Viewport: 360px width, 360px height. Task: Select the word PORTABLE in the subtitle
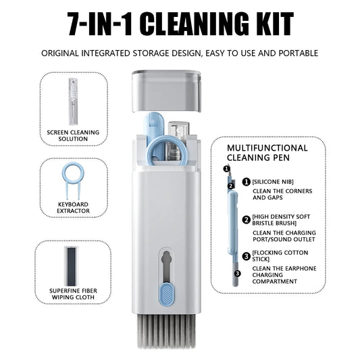pyautogui.click(x=299, y=53)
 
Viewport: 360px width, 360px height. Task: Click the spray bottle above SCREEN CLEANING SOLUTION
pyautogui.click(x=73, y=101)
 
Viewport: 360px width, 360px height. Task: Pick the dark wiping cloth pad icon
pyautogui.click(x=72, y=265)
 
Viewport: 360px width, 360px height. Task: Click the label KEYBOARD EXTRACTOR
pyautogui.click(x=73, y=207)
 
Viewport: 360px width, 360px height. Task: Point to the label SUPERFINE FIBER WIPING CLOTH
pyautogui.click(x=73, y=294)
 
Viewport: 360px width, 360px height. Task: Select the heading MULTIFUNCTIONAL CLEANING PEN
pyautogui.click(x=267, y=153)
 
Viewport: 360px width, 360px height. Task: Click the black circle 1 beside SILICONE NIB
pyautogui.click(x=246, y=182)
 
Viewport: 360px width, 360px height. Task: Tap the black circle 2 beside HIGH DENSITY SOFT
pyautogui.click(x=246, y=220)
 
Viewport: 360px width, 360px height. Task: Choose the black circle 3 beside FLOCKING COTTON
pyautogui.click(x=246, y=256)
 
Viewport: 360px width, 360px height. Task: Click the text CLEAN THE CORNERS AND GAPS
pyautogui.click(x=282, y=195)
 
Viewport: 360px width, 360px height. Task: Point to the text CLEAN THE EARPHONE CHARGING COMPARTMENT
pyautogui.click(x=284, y=275)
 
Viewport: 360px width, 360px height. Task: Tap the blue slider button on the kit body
pyautogui.click(x=167, y=295)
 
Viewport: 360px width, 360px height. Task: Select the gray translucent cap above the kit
pyautogui.click(x=167, y=92)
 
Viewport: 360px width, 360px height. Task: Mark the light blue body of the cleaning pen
pyautogui.click(x=232, y=224)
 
